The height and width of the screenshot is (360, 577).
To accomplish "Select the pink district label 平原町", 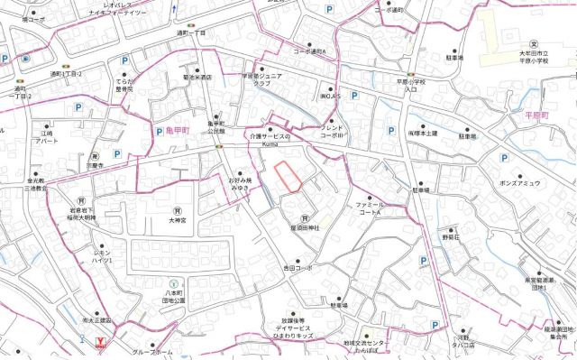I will (548, 116).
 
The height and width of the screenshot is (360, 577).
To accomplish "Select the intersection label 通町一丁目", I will (190, 32).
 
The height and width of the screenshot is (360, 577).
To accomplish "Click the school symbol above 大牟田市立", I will (534, 43).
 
